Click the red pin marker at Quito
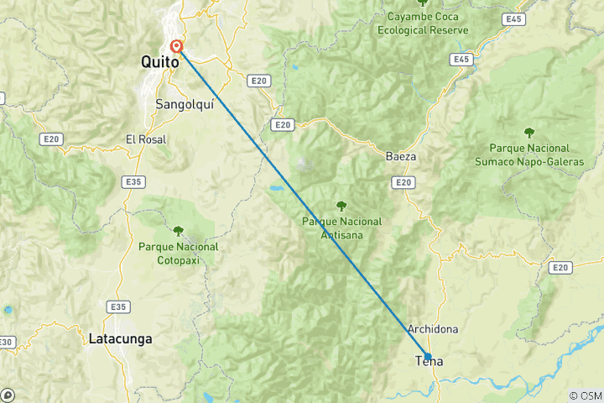tap(177, 47)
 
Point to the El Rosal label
tap(145, 139)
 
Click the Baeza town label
tap(401, 157)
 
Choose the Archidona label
tap(432, 329)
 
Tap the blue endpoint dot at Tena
tap(428, 357)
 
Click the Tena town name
tap(430, 362)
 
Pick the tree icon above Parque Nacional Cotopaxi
tap(179, 230)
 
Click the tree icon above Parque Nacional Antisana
tap(341, 205)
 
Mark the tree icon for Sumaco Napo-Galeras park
tap(529, 132)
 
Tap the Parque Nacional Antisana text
tap(342, 228)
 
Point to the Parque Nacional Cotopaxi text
tap(179, 253)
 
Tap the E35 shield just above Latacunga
tap(117, 307)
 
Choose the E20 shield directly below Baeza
tap(404, 182)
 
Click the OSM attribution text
tap(586, 395)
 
